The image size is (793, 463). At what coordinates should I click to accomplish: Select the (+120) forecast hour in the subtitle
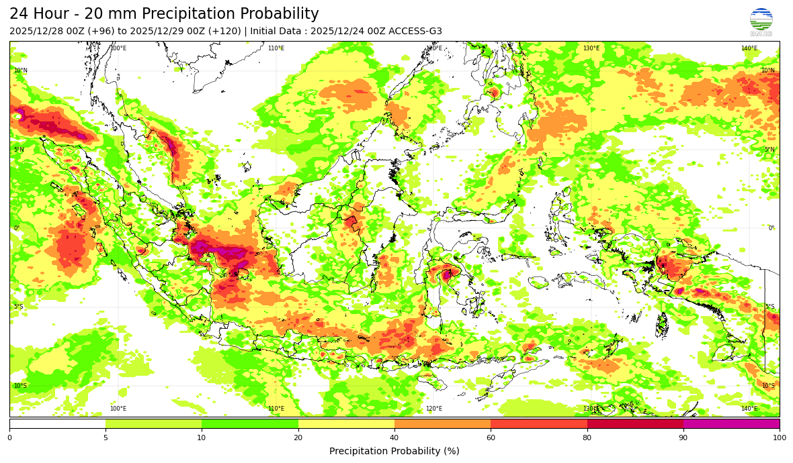click(x=226, y=31)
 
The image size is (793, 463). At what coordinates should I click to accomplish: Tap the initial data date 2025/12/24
click(x=333, y=31)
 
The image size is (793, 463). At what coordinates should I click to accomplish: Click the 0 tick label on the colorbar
click(x=9, y=438)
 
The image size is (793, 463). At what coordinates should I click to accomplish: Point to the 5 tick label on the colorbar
click(x=106, y=438)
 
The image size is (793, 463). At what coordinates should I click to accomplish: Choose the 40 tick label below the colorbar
click(x=394, y=438)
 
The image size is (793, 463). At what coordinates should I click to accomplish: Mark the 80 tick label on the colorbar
click(x=587, y=438)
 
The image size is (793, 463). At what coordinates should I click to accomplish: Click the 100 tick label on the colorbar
click(x=780, y=438)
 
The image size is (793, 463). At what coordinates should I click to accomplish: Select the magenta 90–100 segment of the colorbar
click(x=731, y=423)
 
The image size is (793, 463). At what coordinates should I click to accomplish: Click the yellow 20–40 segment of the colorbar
click(x=346, y=423)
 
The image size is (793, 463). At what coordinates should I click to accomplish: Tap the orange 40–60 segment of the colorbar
click(x=442, y=423)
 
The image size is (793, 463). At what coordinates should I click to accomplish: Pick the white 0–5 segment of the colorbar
click(x=57, y=423)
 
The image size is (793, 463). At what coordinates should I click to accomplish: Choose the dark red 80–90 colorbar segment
click(x=635, y=423)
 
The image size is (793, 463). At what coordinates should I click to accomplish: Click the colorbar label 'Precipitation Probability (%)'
click(x=394, y=451)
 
